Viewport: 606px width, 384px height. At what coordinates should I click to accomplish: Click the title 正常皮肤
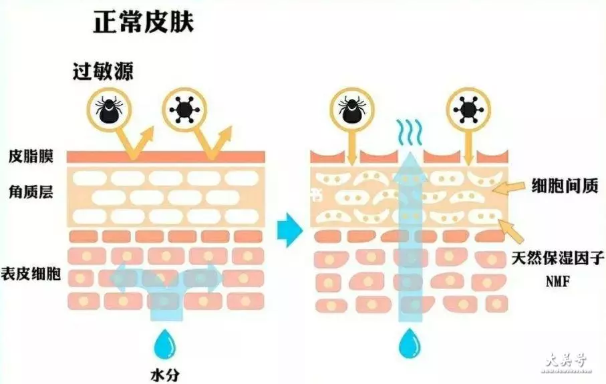[144, 22]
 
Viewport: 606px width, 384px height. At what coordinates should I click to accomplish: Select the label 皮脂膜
[31, 156]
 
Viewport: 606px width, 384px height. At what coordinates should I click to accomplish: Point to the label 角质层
[31, 192]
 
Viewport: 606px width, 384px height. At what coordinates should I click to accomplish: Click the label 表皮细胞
[31, 273]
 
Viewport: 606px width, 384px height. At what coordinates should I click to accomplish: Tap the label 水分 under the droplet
[165, 375]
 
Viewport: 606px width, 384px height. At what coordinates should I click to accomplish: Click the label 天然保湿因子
[558, 258]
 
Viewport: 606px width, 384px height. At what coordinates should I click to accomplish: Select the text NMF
[558, 281]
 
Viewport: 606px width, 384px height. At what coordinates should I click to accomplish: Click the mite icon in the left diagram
[109, 110]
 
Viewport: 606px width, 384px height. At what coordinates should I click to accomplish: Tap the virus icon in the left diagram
[184, 110]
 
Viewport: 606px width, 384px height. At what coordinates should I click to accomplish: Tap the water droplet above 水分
[165, 344]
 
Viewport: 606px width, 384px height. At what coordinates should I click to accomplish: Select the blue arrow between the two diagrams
[289, 230]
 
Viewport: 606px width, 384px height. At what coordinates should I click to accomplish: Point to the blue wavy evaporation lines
[410, 132]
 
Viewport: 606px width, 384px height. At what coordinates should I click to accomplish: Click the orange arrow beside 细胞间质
[508, 188]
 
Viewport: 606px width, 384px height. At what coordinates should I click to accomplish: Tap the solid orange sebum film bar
[166, 157]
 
